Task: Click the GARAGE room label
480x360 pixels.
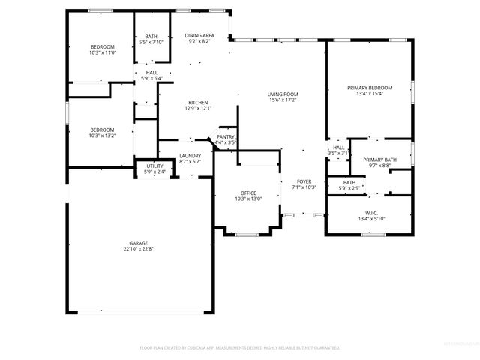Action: pos(138,243)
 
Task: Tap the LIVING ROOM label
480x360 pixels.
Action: pos(283,94)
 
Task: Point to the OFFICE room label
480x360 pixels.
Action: pos(248,193)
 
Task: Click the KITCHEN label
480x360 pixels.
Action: pos(198,103)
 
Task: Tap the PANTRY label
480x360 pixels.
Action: pos(226,136)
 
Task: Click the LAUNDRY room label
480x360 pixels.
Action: pos(190,156)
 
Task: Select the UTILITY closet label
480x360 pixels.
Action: pos(154,167)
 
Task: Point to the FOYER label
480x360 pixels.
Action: pos(304,181)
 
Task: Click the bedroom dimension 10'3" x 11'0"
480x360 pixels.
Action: pos(102,52)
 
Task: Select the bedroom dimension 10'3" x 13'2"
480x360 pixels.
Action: pos(102,136)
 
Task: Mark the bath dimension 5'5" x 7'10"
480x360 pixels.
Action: pos(151,42)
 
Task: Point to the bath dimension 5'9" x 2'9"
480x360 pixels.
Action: pos(349,187)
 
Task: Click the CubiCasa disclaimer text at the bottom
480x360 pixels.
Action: pos(240,348)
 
